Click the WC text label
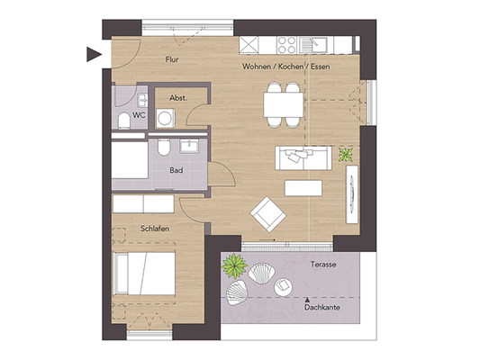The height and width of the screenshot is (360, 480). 139,115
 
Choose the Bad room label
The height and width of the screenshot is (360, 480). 178,168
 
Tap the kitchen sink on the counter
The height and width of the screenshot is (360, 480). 318,43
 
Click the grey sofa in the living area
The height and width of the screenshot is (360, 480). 303,157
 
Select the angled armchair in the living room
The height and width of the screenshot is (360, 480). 268,213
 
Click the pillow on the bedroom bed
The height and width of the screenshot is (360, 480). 120,270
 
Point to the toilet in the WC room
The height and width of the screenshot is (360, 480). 123,121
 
